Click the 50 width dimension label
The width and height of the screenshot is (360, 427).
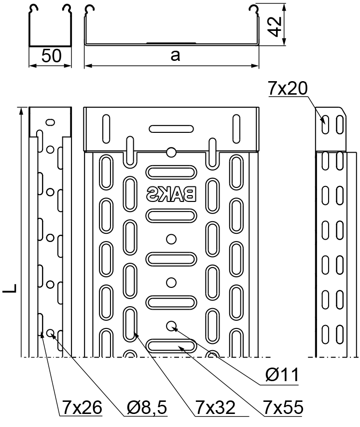tap(52, 56)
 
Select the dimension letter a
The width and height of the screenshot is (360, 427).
tap(175, 56)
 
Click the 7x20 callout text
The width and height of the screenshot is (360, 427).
tap(288, 88)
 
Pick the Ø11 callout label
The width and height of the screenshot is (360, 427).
tap(282, 374)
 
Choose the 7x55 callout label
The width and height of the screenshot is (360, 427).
tap(283, 408)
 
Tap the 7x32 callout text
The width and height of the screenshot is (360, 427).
tap(215, 408)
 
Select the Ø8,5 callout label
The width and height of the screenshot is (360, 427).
tap(147, 408)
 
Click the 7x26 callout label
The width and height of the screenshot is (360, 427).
tap(82, 408)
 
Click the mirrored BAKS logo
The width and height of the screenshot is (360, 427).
tap(171, 194)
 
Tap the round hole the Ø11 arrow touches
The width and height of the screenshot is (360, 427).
tap(171, 326)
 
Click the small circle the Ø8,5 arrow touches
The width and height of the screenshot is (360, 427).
tap(50, 333)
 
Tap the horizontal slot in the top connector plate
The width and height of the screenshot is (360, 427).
tap(171, 129)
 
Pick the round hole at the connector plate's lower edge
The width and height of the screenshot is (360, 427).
tap(171, 152)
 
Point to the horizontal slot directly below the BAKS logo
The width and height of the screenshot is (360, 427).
tap(171, 215)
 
